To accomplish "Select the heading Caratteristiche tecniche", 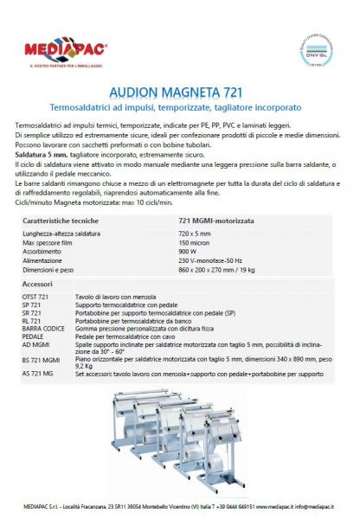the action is (x=60, y=221).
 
